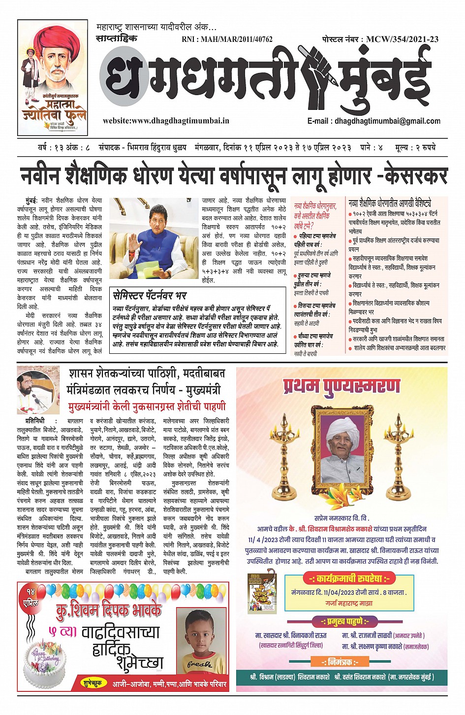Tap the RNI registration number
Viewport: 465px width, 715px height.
pyautogui.click(x=227, y=39)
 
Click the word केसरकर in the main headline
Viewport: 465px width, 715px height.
pyautogui.click(x=416, y=175)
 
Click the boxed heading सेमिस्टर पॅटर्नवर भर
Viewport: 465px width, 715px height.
pyautogui.click(x=150, y=296)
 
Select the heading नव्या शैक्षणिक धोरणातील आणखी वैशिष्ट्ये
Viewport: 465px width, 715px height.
pyautogui.click(x=389, y=203)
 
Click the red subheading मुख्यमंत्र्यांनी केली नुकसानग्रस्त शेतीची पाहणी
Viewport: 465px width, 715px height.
pyautogui.click(x=147, y=407)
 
